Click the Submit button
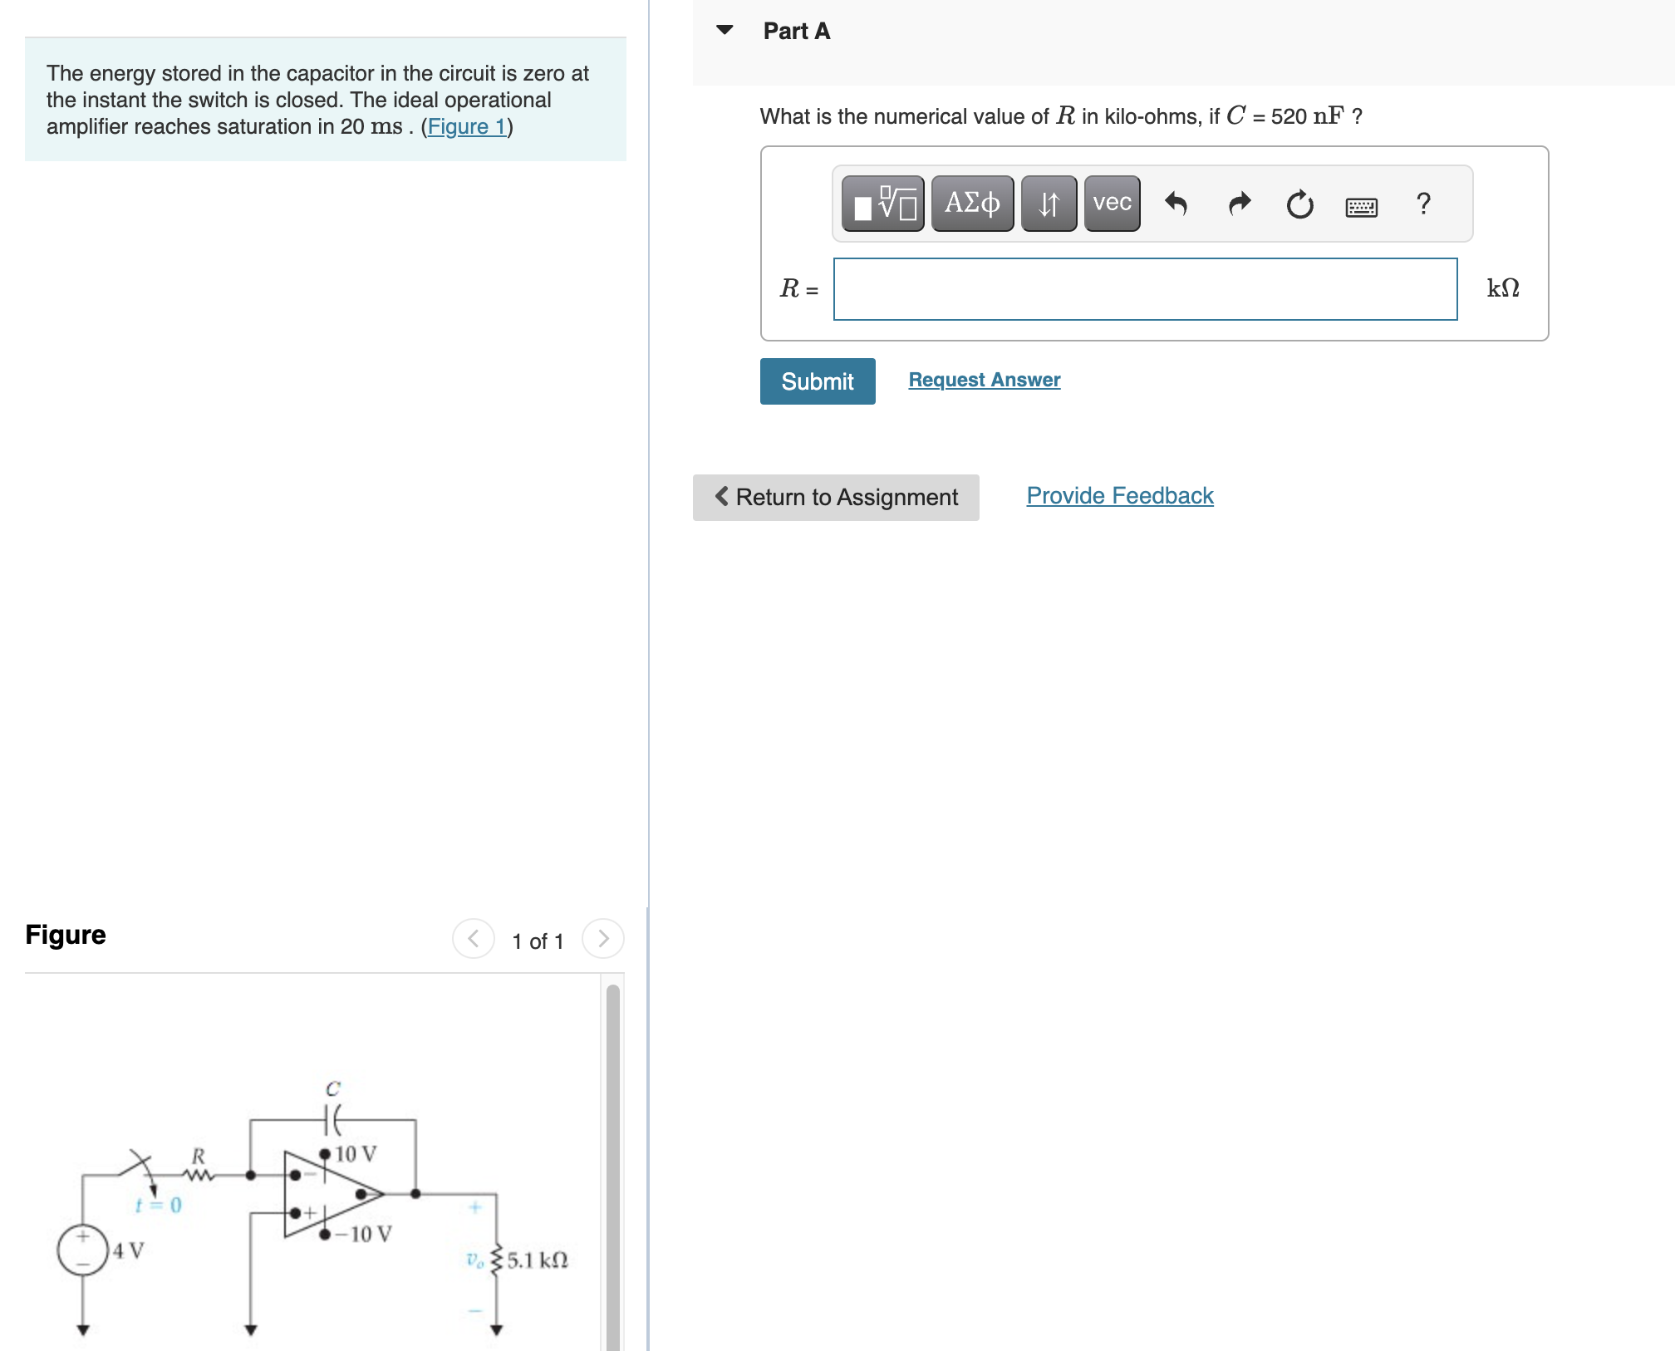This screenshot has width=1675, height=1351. pyautogui.click(x=817, y=381)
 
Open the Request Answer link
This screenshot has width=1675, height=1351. pyautogui.click(x=984, y=380)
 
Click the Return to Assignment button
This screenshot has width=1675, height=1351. pyautogui.click(x=835, y=497)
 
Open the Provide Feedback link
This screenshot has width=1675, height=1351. pyautogui.click(x=1119, y=495)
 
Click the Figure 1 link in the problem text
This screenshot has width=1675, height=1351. pyautogui.click(x=466, y=126)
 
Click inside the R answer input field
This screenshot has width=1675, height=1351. pyautogui.click(x=1145, y=289)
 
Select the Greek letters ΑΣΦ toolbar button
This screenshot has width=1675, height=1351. pyautogui.click(x=972, y=203)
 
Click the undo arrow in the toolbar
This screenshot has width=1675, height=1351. pyautogui.click(x=1176, y=203)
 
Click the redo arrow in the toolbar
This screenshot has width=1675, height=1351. pyautogui.click(x=1239, y=203)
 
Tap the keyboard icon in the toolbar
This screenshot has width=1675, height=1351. pyautogui.click(x=1361, y=206)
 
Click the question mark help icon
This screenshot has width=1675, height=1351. pyautogui.click(x=1423, y=203)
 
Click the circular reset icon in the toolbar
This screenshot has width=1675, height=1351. pyautogui.click(x=1299, y=204)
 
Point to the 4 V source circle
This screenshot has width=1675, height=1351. pyautogui.click(x=82, y=1249)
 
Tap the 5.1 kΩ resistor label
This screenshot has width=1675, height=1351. pyautogui.click(x=537, y=1260)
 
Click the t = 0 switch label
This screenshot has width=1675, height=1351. pyautogui.click(x=158, y=1205)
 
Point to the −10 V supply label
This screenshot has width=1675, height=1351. pyautogui.click(x=364, y=1234)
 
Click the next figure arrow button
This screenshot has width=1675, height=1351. pyautogui.click(x=603, y=939)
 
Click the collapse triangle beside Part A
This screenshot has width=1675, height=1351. pyautogui.click(x=725, y=30)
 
